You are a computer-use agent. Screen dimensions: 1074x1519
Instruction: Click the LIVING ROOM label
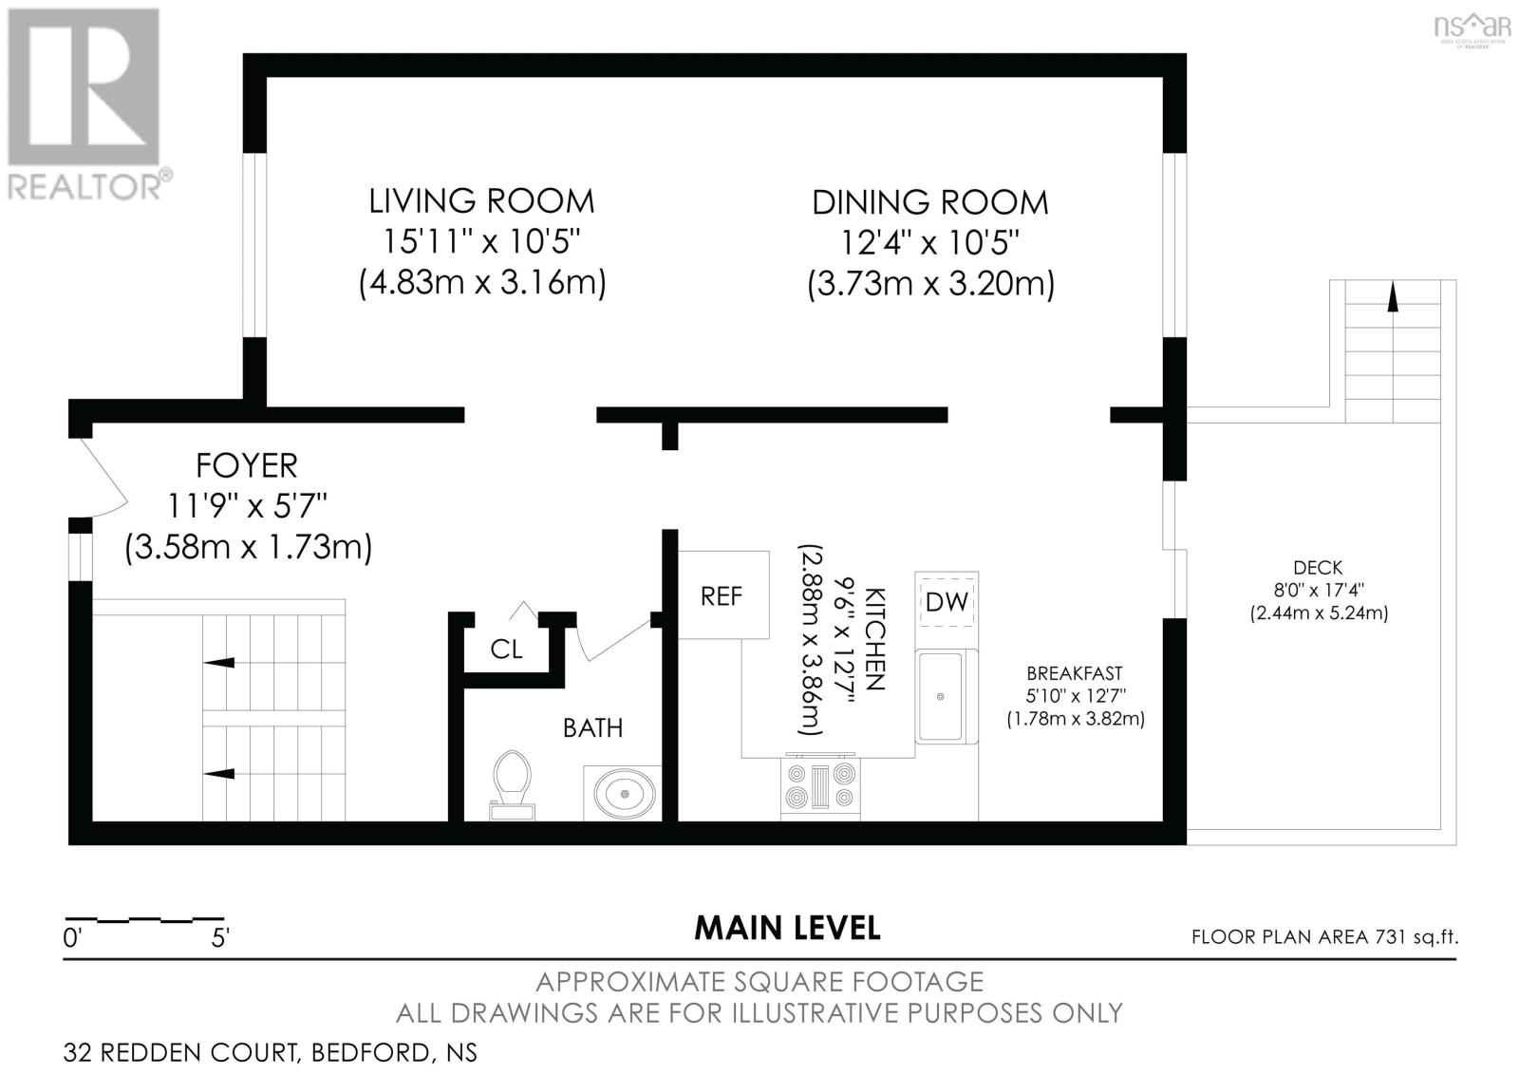point(481,201)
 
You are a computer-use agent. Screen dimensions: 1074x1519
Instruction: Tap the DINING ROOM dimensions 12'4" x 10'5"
point(929,243)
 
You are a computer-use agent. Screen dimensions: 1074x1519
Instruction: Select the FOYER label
point(247,465)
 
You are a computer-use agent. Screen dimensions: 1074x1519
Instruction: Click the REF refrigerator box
point(722,595)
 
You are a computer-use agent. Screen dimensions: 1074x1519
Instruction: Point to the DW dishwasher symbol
point(946,601)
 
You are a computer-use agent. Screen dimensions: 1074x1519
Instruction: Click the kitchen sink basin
point(940,697)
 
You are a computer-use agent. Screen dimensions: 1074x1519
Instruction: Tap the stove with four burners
point(820,786)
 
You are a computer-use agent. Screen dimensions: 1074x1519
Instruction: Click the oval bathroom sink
point(624,791)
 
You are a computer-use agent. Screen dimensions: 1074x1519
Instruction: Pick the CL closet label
point(506,650)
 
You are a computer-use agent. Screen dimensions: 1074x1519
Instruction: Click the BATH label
point(592,728)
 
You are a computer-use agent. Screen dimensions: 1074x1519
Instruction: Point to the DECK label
point(1318,568)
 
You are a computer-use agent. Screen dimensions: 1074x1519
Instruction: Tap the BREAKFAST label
point(1075,673)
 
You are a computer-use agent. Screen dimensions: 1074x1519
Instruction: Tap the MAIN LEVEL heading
point(787,928)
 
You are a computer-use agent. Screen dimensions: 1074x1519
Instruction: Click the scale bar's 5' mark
point(220,937)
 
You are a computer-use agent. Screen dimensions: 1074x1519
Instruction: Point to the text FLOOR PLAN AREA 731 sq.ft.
point(1324,937)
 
